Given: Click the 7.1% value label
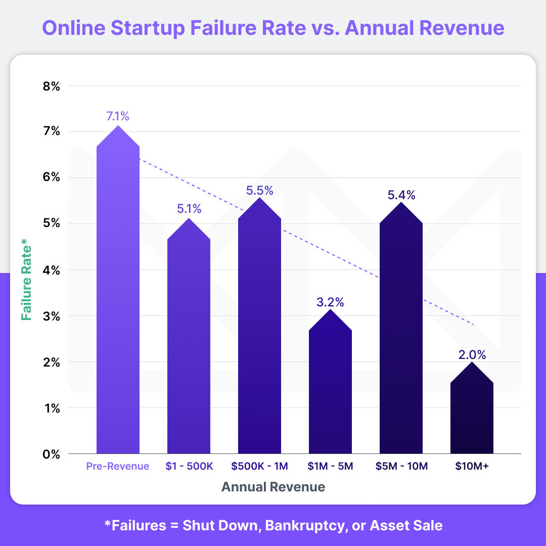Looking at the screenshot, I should coord(118,116).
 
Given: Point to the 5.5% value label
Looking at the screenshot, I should coord(259,191).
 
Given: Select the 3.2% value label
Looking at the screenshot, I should coord(330,302).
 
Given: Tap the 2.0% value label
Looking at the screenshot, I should coord(472,354).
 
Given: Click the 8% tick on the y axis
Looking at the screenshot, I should coord(51,86).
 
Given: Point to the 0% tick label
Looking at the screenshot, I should coord(51,454).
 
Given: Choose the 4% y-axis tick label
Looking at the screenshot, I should coord(51,270).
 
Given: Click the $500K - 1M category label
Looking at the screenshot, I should coord(259,466).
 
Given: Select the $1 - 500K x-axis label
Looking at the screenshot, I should coord(189,466).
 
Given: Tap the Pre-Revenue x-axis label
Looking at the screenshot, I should coord(118,466).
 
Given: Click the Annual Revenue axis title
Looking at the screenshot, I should coord(273,487).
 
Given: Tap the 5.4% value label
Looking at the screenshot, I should coord(401,195).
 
